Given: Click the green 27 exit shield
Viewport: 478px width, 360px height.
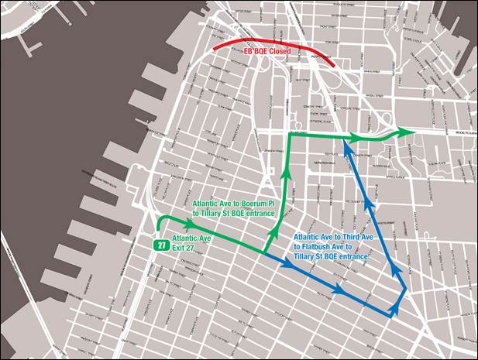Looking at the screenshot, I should [160, 245].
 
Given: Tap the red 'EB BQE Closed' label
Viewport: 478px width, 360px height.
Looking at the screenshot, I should [268, 51].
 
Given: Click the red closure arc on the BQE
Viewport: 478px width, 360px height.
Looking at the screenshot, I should [232, 43].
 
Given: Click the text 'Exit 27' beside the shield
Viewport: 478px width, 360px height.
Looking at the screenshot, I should [184, 248].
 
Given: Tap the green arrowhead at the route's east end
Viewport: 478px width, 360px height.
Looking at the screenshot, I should [406, 132].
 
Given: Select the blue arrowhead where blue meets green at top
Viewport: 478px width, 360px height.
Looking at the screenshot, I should [344, 144].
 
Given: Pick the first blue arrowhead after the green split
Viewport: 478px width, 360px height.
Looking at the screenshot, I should [287, 264].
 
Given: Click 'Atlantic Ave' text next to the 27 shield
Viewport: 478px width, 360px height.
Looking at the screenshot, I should [192, 238].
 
